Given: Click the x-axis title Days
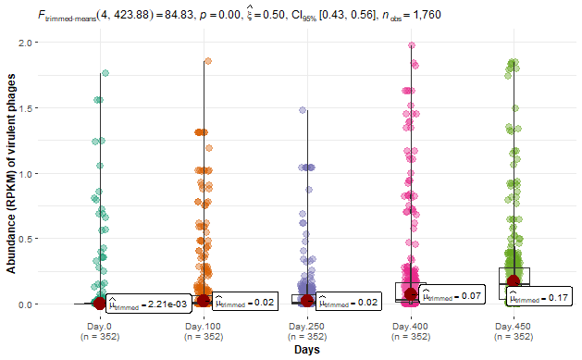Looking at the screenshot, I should (306, 351).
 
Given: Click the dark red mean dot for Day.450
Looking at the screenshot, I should (514, 281).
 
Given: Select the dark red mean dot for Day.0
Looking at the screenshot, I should (99, 304).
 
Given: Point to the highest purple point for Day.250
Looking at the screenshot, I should (302, 110).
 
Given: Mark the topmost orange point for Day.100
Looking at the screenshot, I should (208, 61).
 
